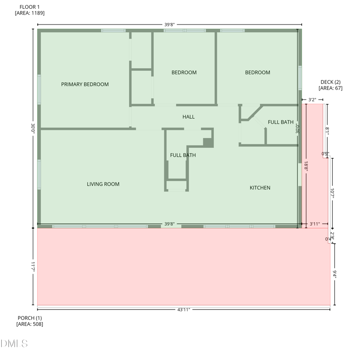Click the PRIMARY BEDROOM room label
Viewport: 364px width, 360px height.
tap(85, 84)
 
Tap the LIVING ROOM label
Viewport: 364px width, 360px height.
tap(103, 184)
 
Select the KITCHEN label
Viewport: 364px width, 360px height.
tap(260, 188)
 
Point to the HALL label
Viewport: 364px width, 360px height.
tap(188, 117)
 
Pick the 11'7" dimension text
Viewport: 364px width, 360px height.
tap(33, 266)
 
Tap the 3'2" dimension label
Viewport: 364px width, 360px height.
tap(312, 99)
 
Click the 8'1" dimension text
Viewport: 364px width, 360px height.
tap(327, 130)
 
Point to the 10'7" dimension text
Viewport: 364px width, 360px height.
tap(332, 193)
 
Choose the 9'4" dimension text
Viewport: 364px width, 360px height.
tap(334, 274)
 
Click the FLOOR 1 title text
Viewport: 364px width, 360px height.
tap(30, 7)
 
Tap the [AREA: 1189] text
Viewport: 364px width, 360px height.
tap(30, 13)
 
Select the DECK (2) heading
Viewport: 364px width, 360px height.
tap(330, 82)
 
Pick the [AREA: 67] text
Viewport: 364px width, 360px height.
tap(330, 88)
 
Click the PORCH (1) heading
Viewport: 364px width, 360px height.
tap(30, 318)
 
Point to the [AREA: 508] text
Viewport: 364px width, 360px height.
tap(30, 324)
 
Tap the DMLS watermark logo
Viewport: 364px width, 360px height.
tap(14, 344)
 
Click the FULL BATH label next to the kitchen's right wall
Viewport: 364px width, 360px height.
tap(280, 122)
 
